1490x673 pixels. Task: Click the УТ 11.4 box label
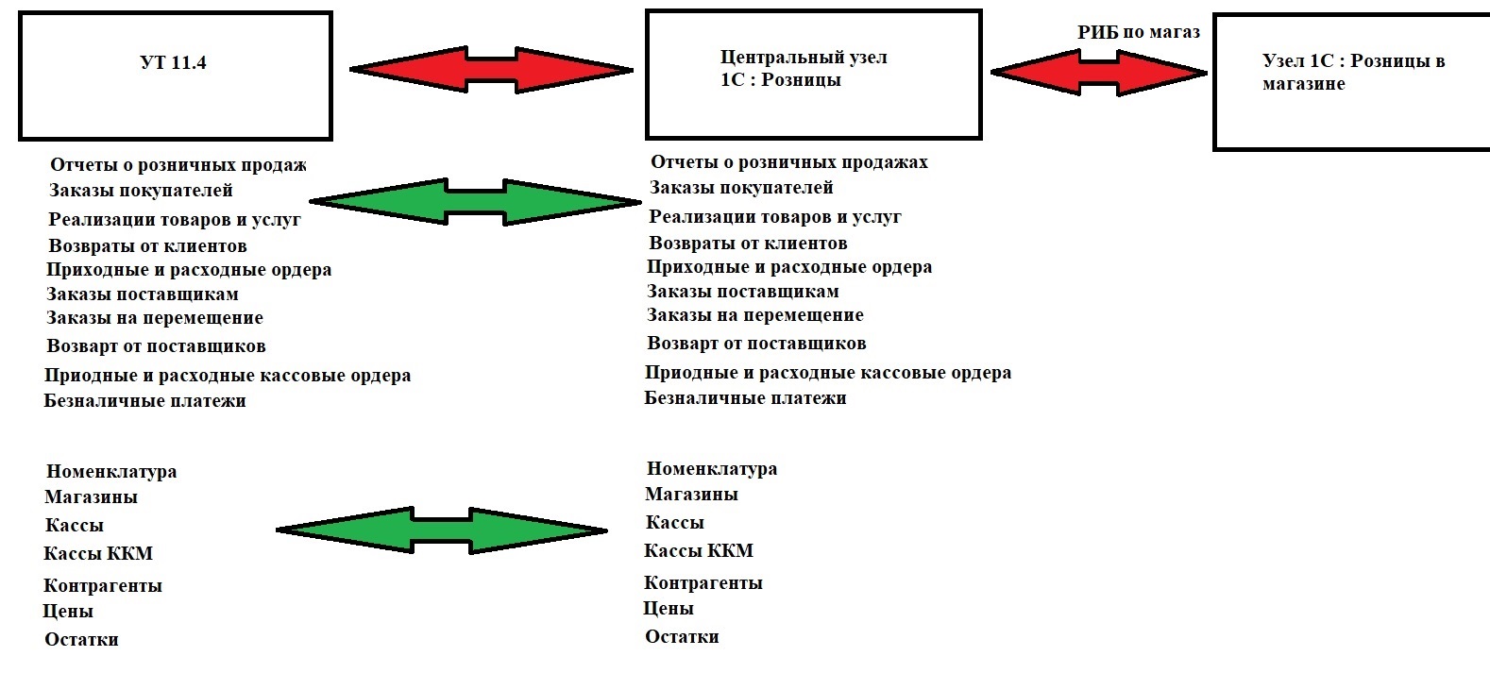pyautogui.click(x=173, y=63)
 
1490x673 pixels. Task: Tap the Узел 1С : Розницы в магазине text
pyautogui.click(x=1353, y=73)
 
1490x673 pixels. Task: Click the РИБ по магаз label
pyautogui.click(x=1139, y=33)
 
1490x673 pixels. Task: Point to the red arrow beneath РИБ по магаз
pyautogui.click(x=1099, y=73)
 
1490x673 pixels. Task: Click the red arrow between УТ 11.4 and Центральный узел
pyautogui.click(x=491, y=69)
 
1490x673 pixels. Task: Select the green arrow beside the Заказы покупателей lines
pyautogui.click(x=475, y=201)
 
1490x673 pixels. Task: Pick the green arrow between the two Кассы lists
pyautogui.click(x=442, y=530)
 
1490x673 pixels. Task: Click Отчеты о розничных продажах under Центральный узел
pyautogui.click(x=788, y=162)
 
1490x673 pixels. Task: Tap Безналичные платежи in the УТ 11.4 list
pyautogui.click(x=144, y=401)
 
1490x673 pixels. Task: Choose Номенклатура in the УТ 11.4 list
pyautogui.click(x=111, y=472)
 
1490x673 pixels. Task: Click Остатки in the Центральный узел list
pyautogui.click(x=682, y=637)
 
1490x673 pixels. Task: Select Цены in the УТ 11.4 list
pyautogui.click(x=68, y=612)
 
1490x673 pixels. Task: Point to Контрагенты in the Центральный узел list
pyautogui.click(x=703, y=582)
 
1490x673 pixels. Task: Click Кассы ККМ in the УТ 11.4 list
pyautogui.click(x=98, y=554)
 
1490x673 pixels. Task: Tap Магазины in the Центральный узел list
pyautogui.click(x=691, y=495)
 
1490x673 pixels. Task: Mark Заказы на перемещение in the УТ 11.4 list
pyautogui.click(x=155, y=318)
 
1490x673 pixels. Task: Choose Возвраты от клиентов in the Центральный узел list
pyautogui.click(x=748, y=244)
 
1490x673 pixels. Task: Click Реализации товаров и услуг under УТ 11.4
pyautogui.click(x=175, y=220)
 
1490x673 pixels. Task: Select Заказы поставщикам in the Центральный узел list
pyautogui.click(x=742, y=292)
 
